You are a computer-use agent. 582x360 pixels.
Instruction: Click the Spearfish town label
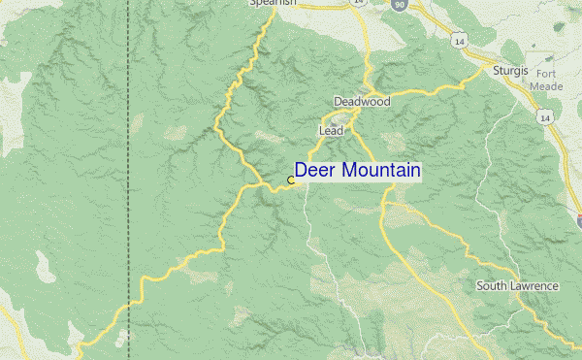point(272,3)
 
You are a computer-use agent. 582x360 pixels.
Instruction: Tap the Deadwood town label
point(361,101)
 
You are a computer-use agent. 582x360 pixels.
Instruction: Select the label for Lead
point(331,130)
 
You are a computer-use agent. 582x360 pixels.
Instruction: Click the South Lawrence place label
point(517,286)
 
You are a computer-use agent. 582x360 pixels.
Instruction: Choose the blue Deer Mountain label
point(357,171)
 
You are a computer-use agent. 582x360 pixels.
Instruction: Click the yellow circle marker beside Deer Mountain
point(291,180)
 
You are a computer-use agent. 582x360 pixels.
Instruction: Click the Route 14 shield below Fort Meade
point(546,117)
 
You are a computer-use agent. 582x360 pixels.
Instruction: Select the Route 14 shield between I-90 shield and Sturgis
point(456,40)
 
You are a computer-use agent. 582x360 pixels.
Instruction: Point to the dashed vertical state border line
point(129,146)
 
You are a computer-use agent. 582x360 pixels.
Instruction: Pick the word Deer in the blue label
point(313,171)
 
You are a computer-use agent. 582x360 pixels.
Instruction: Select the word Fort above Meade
point(544,73)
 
